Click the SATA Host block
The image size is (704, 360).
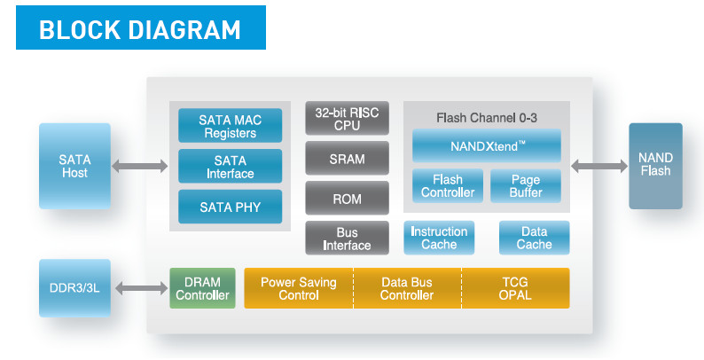74,166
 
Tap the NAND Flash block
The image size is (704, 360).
655,166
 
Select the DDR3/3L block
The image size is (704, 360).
74,288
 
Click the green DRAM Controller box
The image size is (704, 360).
202,288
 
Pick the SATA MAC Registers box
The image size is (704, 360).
231,125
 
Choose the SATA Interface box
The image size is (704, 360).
231,166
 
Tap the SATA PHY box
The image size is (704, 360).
231,207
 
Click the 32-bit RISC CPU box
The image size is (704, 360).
347,118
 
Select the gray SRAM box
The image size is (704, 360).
347,158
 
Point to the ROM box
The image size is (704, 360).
347,198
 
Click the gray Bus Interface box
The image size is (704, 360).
347,238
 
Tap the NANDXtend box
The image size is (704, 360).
487,145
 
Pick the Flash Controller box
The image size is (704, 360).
448,186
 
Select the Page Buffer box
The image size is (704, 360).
526,186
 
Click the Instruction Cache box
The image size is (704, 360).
439,238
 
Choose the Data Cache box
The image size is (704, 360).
535,238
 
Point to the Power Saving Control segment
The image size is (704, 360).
299,288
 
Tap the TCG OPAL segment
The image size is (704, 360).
515,288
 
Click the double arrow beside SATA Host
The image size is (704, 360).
139,166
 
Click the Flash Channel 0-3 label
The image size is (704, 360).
487,118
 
